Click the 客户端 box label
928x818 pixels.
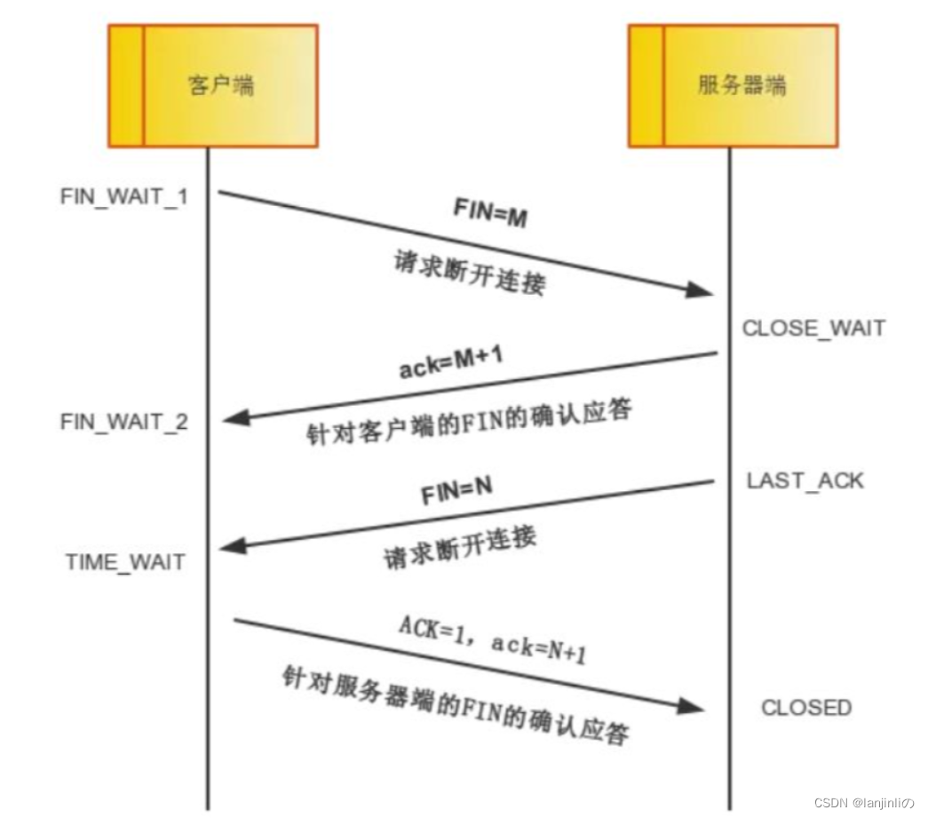point(220,86)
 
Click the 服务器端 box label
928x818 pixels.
point(742,86)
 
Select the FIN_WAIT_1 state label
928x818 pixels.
point(123,196)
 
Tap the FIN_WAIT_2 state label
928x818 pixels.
point(123,421)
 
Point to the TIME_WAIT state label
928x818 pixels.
point(125,561)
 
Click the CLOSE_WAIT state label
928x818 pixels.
point(813,328)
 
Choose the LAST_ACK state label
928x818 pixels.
point(805,480)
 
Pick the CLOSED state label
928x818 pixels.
point(805,708)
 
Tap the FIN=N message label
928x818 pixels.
point(456,491)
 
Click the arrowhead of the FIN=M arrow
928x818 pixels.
point(703,290)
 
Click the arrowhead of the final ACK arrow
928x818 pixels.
point(692,706)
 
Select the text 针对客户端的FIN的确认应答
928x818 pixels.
point(471,422)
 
